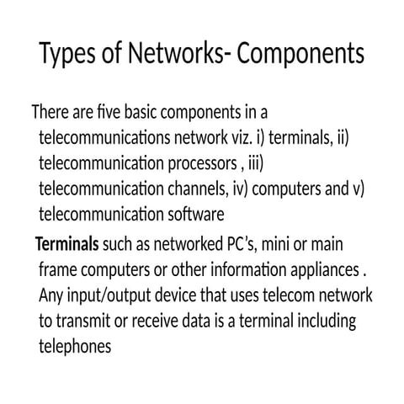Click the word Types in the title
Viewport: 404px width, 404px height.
pyautogui.click(x=67, y=54)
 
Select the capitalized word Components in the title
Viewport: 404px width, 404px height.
pyautogui.click(x=300, y=54)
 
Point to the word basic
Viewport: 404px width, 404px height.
pyautogui.click(x=141, y=111)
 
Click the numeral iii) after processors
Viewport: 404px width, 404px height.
pyautogui.click(x=256, y=163)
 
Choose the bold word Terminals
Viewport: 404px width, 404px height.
pyautogui.click(x=67, y=244)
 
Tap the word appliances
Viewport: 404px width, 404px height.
pyautogui.click(x=325, y=271)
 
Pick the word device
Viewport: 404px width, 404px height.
pyautogui.click(x=175, y=295)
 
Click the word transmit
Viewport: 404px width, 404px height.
pyautogui.click(x=83, y=321)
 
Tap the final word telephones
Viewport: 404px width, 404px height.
pyautogui.click(x=75, y=348)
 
